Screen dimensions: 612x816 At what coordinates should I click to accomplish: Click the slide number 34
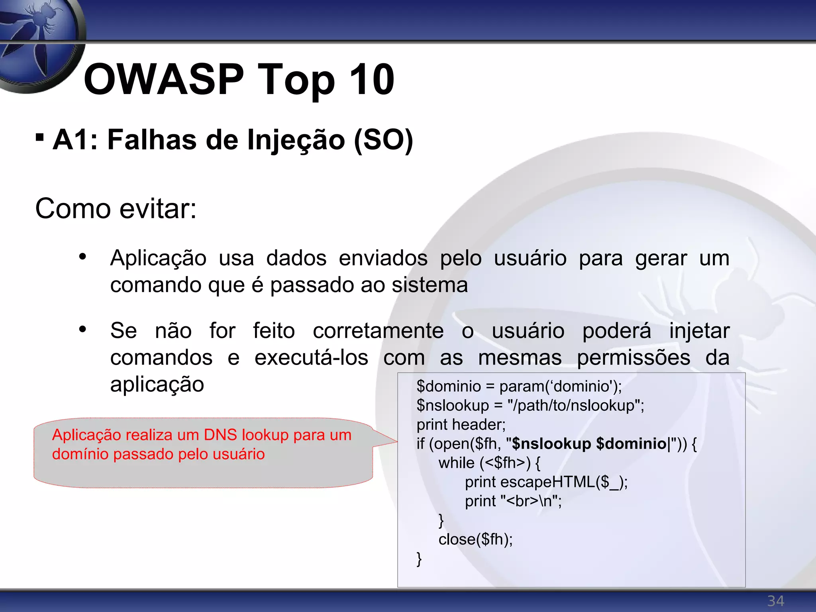click(775, 601)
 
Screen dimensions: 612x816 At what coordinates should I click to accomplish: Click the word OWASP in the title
click(163, 80)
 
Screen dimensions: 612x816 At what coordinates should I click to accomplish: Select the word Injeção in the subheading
click(296, 140)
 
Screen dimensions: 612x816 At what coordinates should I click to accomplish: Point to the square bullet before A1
click(39, 137)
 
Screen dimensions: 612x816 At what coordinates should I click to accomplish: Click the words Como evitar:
click(116, 208)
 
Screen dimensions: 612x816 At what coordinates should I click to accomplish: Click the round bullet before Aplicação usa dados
click(82, 257)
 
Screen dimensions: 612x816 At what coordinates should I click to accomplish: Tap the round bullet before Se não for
click(82, 330)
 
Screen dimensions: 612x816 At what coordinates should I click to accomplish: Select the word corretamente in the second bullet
click(378, 331)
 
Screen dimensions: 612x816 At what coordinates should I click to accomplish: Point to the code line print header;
click(461, 425)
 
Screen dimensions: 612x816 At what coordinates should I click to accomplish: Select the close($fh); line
click(475, 539)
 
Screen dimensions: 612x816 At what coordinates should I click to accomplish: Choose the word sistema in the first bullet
click(430, 285)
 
